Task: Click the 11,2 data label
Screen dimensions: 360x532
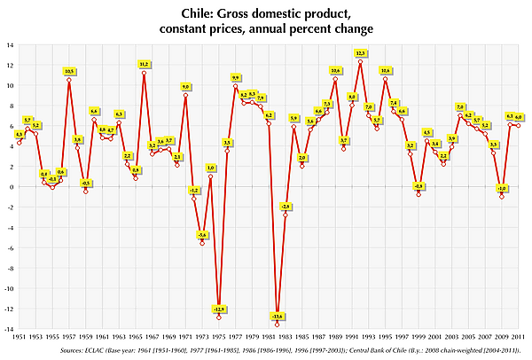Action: coord(145,64)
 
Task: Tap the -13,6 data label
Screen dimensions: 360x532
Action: coord(278,317)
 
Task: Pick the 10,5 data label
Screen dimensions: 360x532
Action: coord(69,71)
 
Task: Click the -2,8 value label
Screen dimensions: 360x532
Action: coord(286,206)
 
